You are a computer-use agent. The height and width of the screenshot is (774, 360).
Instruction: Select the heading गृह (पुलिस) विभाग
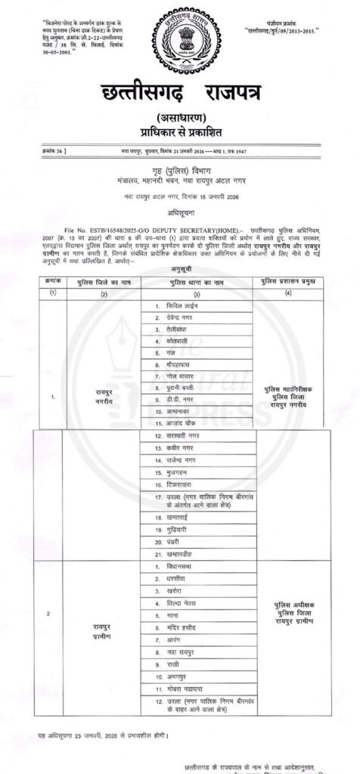(x=179, y=171)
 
